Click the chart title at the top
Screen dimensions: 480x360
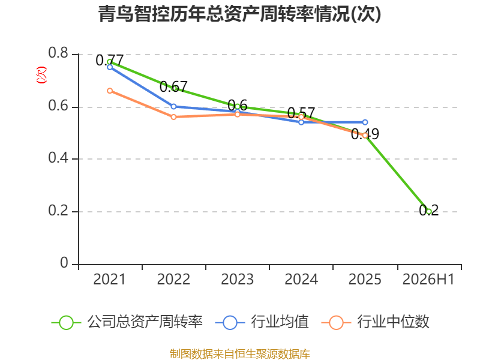tap(239, 14)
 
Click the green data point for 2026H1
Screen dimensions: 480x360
tap(428, 211)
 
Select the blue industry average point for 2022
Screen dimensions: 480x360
tap(173, 107)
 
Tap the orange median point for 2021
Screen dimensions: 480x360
tap(110, 91)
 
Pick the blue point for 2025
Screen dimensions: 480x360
tap(365, 122)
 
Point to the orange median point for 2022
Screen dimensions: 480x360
tap(173, 117)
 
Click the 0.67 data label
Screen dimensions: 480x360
tap(173, 87)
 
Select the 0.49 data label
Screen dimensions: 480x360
tap(365, 134)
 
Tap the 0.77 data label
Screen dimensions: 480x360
tap(110, 61)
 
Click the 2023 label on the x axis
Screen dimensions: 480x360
tap(237, 279)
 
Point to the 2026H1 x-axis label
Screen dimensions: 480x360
tap(428, 279)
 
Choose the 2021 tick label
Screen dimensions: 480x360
tap(109, 279)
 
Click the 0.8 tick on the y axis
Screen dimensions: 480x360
tap(58, 53)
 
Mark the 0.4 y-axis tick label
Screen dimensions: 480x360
tap(58, 158)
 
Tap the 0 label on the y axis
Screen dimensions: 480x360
tap(64, 263)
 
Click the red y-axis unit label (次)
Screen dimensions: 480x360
tap(41, 75)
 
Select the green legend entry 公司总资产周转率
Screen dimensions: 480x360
tap(127, 322)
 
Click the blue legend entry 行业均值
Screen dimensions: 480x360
tap(262, 322)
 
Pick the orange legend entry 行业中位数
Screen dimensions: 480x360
tap(376, 322)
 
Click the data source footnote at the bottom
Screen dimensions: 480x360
tap(240, 354)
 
